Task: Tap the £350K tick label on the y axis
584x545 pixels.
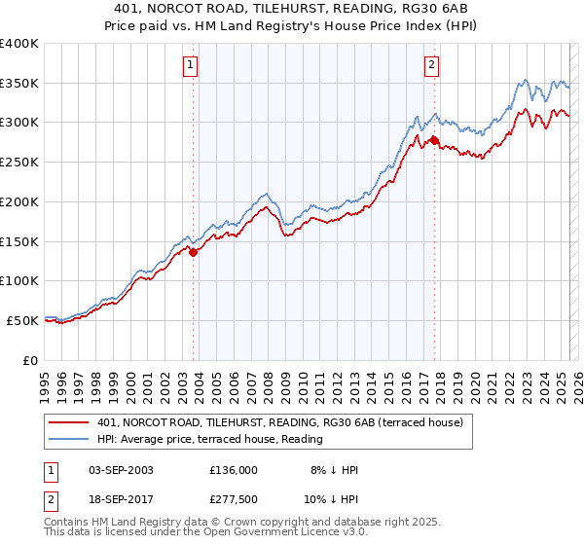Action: click(19, 84)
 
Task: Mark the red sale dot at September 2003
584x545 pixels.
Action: click(193, 252)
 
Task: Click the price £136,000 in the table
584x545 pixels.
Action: click(234, 470)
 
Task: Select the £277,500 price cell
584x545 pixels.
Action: click(234, 499)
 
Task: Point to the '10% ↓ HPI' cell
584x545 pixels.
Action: click(330, 499)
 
